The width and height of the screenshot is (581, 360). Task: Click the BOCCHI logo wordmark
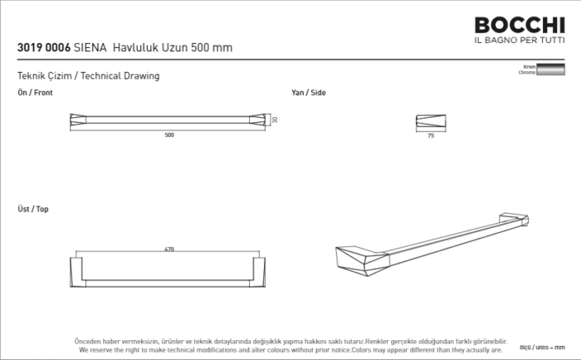pos(519,27)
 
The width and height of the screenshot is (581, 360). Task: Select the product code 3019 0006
pos(43,48)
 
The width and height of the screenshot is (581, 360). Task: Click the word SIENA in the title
pos(90,48)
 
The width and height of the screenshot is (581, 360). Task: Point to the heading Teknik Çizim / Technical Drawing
pos(88,76)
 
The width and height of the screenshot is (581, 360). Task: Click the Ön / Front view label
pos(35,93)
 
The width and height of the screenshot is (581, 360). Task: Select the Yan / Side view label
pos(308,93)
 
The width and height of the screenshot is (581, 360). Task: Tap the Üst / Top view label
pos(33,209)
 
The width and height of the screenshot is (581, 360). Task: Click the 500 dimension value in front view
pos(169,135)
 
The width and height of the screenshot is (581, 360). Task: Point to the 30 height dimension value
pos(275,119)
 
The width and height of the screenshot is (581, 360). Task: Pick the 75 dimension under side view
pos(431,135)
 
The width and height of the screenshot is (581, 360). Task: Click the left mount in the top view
pos(77,272)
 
